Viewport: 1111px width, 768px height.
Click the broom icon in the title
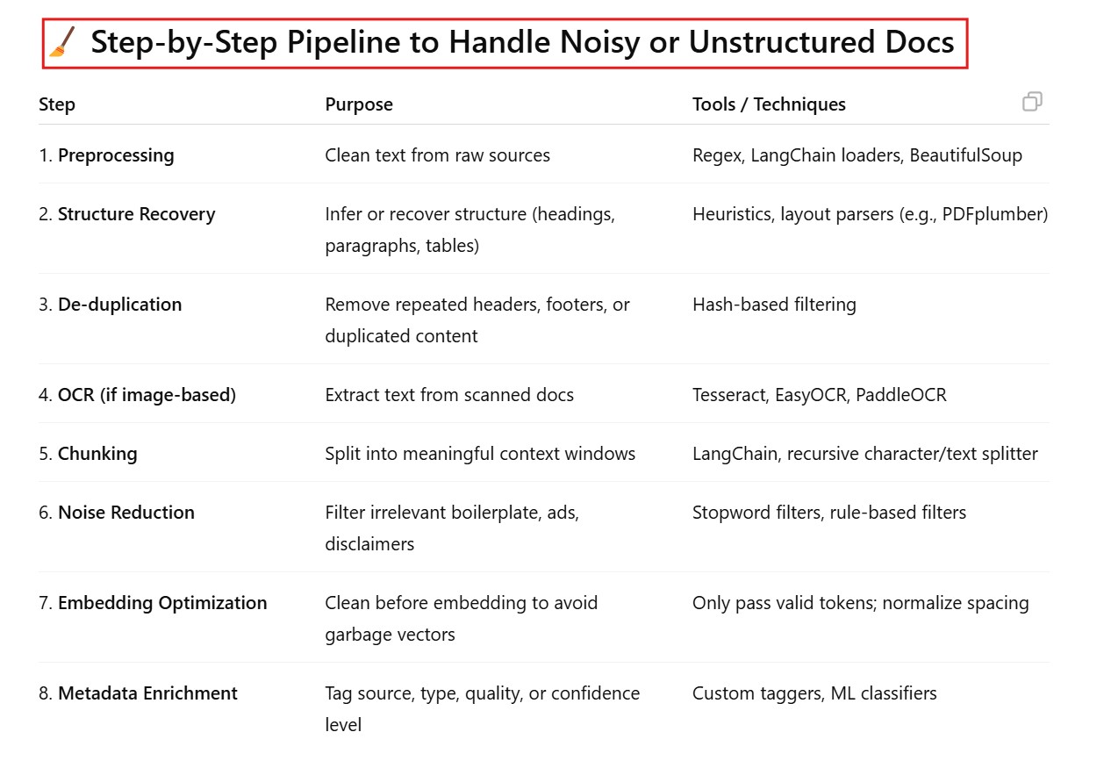[x=63, y=42]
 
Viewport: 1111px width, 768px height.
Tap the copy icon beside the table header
[x=1032, y=102]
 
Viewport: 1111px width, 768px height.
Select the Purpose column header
[x=359, y=104]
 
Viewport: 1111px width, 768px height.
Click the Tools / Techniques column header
[x=769, y=104]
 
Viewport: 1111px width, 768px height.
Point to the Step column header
[x=57, y=104]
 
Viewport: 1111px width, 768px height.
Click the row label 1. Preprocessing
[x=106, y=155]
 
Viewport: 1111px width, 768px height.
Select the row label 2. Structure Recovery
[x=126, y=214]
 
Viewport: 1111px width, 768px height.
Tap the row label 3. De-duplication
[x=110, y=305]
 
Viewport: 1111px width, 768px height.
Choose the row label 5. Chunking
[x=88, y=454]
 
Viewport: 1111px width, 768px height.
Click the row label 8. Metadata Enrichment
[x=138, y=693]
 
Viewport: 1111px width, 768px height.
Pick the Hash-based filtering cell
[x=774, y=305]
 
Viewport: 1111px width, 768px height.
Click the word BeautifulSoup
[x=965, y=155]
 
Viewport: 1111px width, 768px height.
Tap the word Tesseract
[x=728, y=395]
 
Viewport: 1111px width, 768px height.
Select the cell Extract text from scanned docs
[x=449, y=395]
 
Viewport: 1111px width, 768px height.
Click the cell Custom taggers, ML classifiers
[x=814, y=693]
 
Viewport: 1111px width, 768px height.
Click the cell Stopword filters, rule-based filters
[x=829, y=513]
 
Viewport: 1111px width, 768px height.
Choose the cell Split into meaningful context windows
[x=480, y=454]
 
